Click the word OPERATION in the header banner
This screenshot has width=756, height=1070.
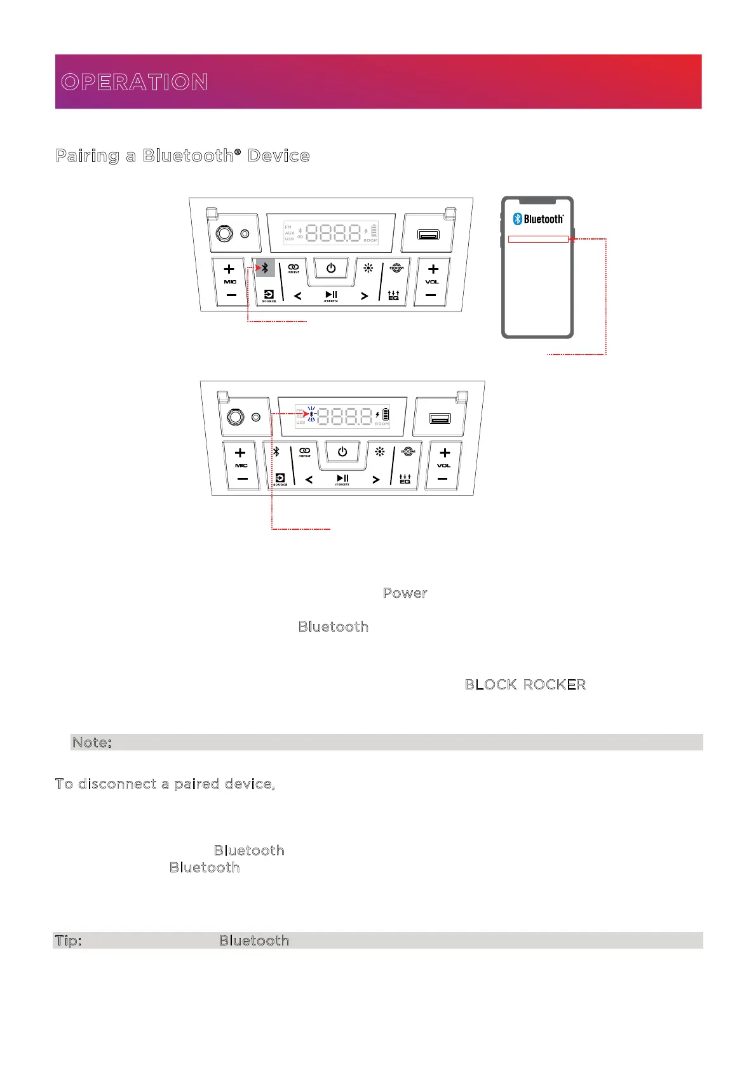pyautogui.click(x=135, y=82)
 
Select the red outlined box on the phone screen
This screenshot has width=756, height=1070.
pyautogui.click(x=538, y=239)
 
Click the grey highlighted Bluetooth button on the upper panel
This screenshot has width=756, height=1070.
pyautogui.click(x=265, y=268)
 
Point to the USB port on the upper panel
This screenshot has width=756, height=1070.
pyautogui.click(x=428, y=235)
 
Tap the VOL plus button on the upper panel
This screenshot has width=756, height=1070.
pyautogui.click(x=433, y=269)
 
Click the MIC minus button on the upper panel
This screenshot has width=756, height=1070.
pyautogui.click(x=231, y=295)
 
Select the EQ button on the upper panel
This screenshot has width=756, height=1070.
pyautogui.click(x=393, y=295)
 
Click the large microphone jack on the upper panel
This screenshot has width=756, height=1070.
pyautogui.click(x=224, y=234)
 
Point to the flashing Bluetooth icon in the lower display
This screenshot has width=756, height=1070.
pyautogui.click(x=311, y=414)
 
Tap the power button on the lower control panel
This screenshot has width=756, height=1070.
pyautogui.click(x=342, y=452)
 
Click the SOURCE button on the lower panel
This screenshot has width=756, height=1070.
pyautogui.click(x=280, y=479)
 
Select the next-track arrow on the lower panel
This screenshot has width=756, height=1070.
pyautogui.click(x=376, y=480)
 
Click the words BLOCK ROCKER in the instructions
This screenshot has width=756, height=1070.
pyautogui.click(x=525, y=684)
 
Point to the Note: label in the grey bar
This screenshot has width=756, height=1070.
pyautogui.click(x=92, y=742)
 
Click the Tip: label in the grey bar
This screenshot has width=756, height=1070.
pyautogui.click(x=68, y=940)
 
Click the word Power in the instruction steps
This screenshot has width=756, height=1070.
pyautogui.click(x=405, y=593)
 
